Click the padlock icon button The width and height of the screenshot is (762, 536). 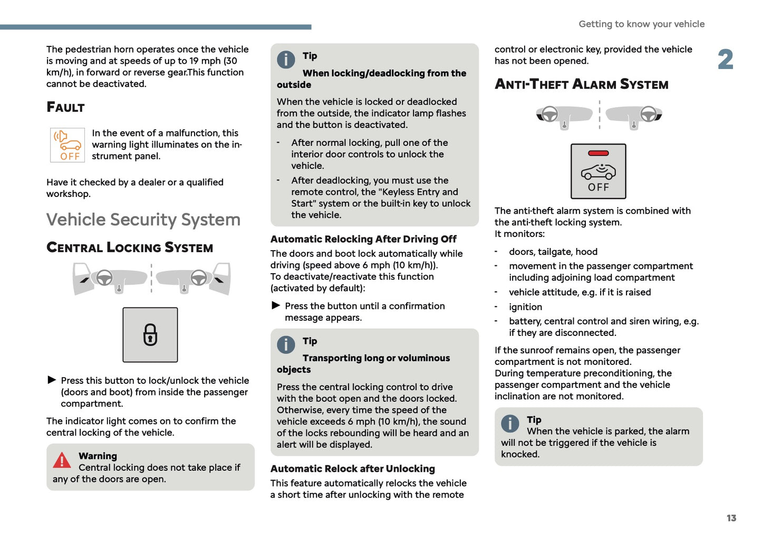click(x=150, y=335)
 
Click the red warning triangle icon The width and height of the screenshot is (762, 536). click(x=62, y=461)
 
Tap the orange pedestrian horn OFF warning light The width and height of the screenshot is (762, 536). click(x=67, y=145)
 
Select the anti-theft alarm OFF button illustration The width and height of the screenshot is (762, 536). click(x=598, y=172)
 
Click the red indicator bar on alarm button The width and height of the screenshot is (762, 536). click(x=598, y=153)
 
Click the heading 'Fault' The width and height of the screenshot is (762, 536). click(x=65, y=107)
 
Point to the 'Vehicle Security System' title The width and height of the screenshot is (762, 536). click(x=143, y=220)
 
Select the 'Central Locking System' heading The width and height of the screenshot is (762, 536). click(x=130, y=247)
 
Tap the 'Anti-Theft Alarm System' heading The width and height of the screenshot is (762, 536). click(x=581, y=84)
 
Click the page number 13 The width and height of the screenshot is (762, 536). click(x=731, y=518)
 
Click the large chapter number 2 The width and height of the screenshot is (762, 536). click(x=725, y=59)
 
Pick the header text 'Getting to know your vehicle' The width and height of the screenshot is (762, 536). click(x=641, y=24)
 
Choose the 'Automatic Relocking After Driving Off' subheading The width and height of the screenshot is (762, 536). click(x=363, y=239)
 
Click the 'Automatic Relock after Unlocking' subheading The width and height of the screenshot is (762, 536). click(x=352, y=469)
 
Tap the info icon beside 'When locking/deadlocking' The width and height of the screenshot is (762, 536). click(x=286, y=59)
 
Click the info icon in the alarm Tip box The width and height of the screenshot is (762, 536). click(x=510, y=423)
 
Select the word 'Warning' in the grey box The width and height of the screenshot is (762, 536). click(x=98, y=456)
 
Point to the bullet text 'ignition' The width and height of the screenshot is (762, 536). click(x=525, y=307)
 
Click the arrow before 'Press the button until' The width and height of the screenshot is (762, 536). click(x=276, y=305)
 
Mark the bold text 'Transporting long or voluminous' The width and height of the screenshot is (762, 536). click(x=376, y=358)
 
